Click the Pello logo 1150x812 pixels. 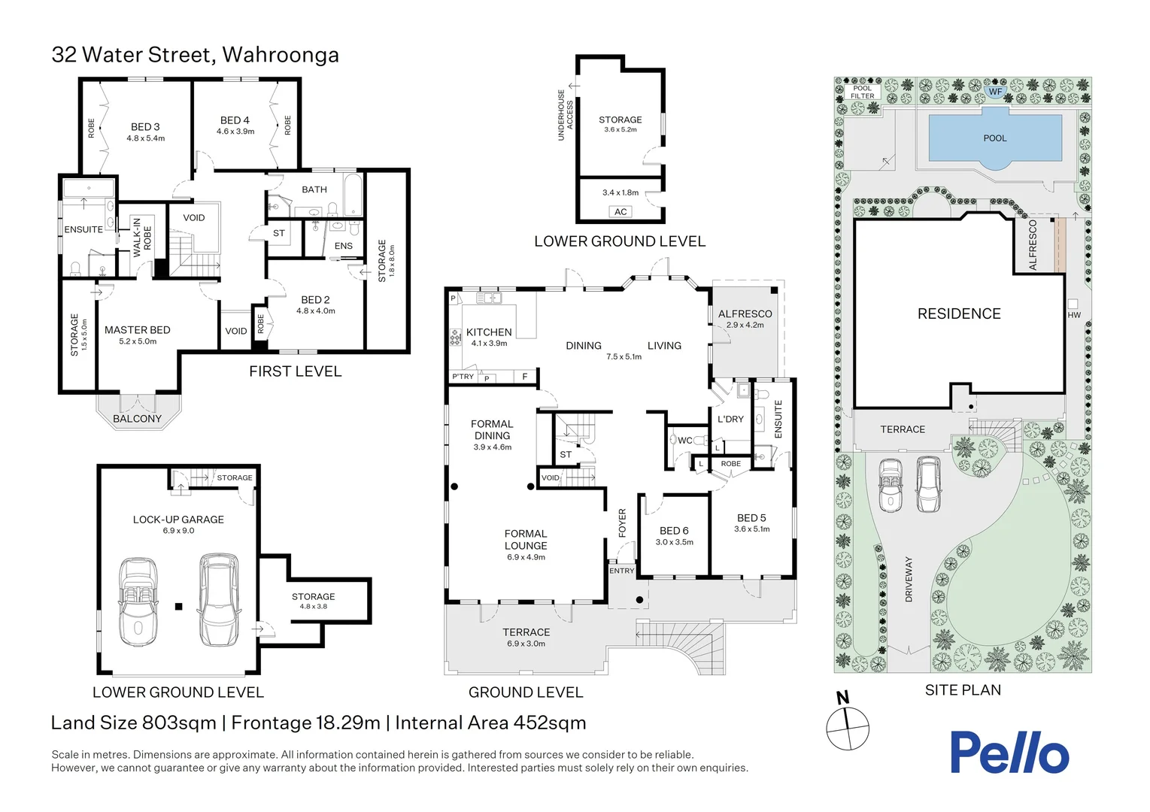click(1009, 753)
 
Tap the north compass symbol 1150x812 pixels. click(848, 727)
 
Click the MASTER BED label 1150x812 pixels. click(137, 330)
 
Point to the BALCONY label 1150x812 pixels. click(137, 419)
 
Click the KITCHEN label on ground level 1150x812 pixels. click(489, 332)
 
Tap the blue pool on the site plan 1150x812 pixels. click(994, 138)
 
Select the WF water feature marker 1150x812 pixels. click(995, 92)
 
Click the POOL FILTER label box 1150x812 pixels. click(862, 92)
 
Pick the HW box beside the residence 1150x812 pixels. click(1073, 305)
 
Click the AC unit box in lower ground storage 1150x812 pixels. click(621, 212)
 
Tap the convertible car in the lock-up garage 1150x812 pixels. click(138, 601)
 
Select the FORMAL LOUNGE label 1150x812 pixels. click(526, 540)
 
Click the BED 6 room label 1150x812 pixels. click(674, 531)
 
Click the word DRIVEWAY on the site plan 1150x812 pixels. click(909, 579)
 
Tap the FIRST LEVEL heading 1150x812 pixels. click(295, 371)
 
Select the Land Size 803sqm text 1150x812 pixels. click(133, 723)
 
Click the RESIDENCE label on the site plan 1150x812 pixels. click(959, 314)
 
